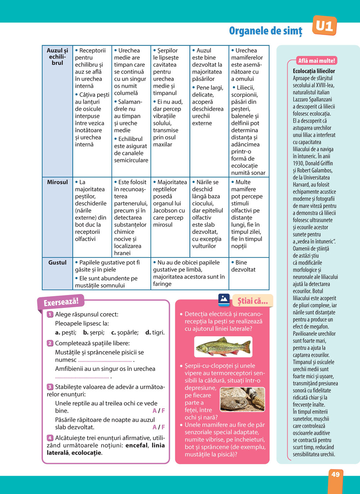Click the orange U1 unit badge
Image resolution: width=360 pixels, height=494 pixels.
(324, 26)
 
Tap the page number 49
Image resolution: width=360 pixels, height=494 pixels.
(336, 474)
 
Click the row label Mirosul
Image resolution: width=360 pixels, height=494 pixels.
(57, 182)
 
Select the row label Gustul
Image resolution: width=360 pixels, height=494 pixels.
(57, 263)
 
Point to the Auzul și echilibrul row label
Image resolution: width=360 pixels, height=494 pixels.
(57, 57)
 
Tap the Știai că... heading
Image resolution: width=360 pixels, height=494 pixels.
(252, 301)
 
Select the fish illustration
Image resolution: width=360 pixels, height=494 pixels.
(223, 346)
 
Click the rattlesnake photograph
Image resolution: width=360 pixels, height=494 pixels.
(242, 399)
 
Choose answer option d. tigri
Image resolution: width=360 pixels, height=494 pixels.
(155, 333)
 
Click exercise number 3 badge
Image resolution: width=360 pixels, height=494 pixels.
(50, 387)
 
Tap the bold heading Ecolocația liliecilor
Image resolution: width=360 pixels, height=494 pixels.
(314, 71)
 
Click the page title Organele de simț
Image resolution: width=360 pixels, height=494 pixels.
(266, 31)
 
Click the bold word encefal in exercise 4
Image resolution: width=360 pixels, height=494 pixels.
(136, 445)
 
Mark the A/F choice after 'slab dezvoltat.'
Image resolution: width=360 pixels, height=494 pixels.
(158, 427)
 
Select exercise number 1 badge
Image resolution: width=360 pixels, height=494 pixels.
(50, 314)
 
